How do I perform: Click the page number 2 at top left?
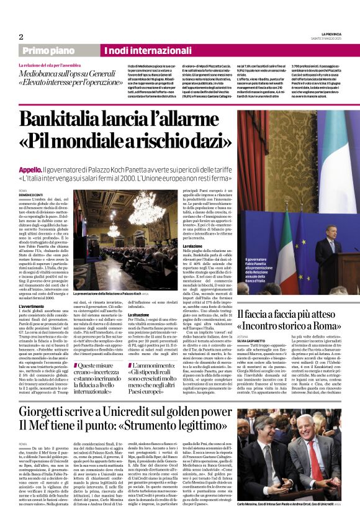coord(21,37)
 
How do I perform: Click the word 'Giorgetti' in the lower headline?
coord(50,410)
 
